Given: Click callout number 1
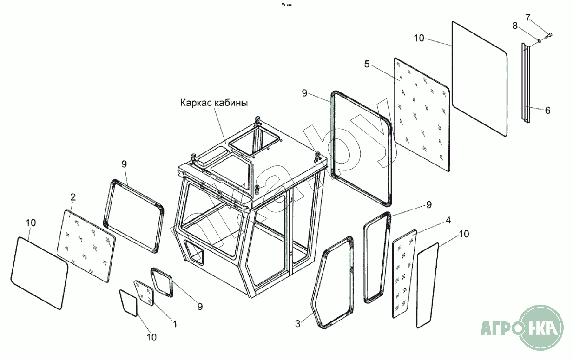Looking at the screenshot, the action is [175, 324].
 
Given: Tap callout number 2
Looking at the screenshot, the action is [72, 196].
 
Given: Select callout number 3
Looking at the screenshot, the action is [298, 324].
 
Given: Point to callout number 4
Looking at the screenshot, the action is [448, 220].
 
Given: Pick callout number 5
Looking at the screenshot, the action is [367, 64].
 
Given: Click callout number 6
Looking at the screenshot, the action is [547, 111].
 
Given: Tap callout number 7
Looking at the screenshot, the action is [527, 18].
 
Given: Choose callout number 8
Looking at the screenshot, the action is [515, 26].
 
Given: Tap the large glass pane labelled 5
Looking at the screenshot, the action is [422, 114].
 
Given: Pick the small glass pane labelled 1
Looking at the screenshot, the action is [145, 293].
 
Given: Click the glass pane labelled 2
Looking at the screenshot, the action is [86, 244].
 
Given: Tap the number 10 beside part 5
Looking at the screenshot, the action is [419, 38].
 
